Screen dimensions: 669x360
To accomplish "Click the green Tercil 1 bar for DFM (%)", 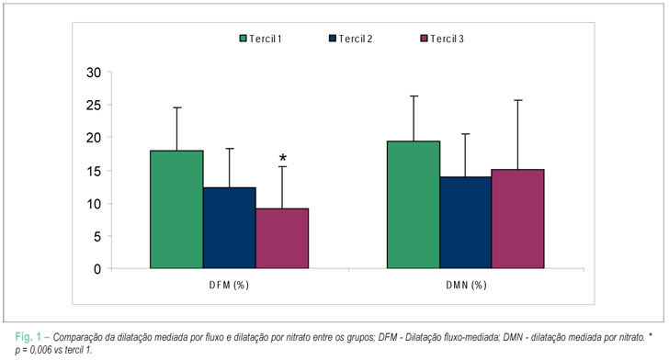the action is pos(176,209).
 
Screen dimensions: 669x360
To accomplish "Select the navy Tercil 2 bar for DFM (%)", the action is pos(230,228).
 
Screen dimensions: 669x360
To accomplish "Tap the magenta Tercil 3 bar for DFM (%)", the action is pos(282,239).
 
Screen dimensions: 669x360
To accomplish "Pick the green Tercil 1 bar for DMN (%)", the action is pos(414,205).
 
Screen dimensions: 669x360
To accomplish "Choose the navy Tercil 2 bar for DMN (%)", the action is pos(466,222).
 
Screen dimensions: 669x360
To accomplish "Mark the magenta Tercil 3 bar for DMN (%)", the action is pos(518,219).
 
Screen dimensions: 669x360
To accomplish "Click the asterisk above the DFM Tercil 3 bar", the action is pos(283,159).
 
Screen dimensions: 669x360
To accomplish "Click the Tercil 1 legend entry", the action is pos(260,39).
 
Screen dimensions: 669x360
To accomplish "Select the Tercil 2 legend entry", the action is pos(351,39).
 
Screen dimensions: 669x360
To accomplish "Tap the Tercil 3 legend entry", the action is pos(442,39).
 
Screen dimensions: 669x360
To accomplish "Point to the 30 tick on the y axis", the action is pos(94,73).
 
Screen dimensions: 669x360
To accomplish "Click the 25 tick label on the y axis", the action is pos(94,105).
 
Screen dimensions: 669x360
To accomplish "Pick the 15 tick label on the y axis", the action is pos(94,171).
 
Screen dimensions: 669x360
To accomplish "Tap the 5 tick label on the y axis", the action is pos(97,236).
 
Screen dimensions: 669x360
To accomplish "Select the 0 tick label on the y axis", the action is pos(97,269).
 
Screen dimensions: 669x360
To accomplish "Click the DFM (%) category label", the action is pos(229,285).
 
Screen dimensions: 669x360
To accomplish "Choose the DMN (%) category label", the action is pos(466,285).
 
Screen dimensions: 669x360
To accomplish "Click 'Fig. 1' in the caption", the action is pos(28,337).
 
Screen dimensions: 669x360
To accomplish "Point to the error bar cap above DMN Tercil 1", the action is pos(414,96).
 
